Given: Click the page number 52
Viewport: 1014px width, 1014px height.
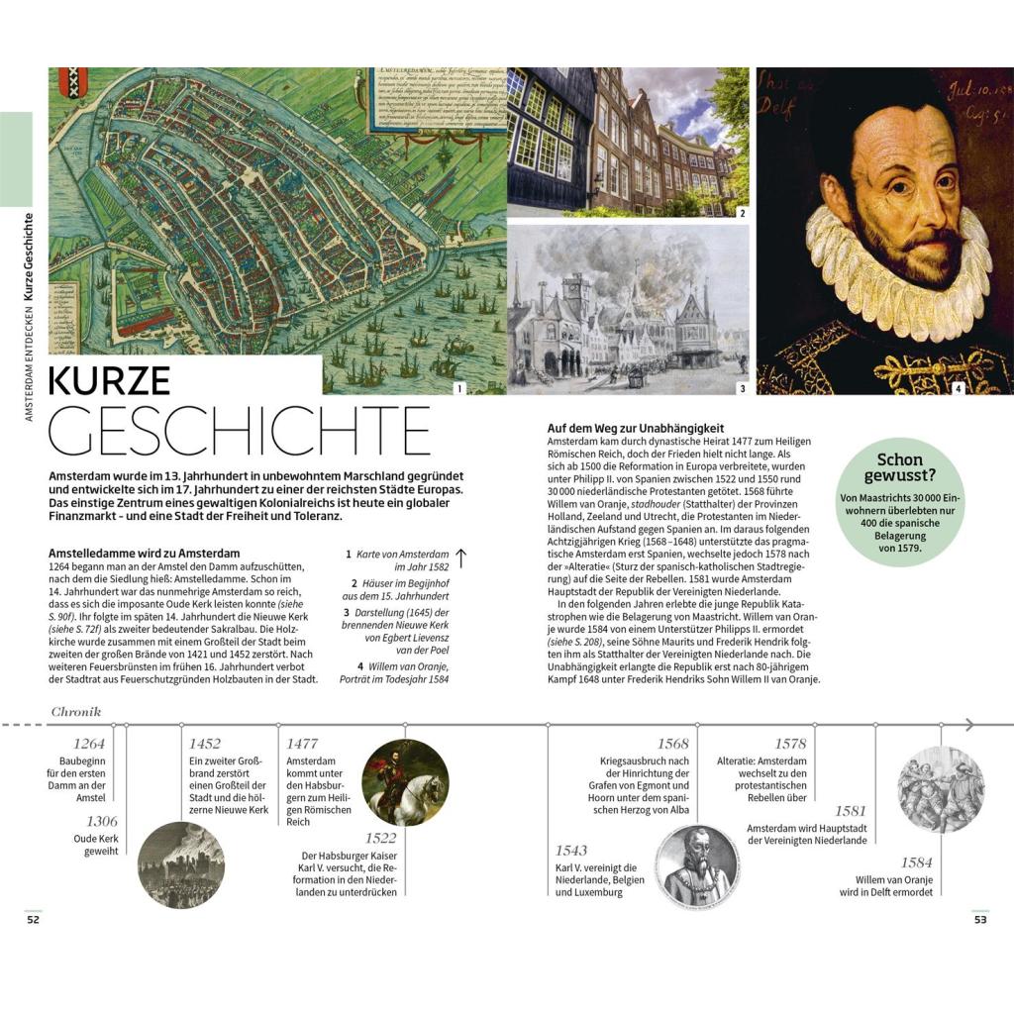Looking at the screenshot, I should click(x=33, y=920).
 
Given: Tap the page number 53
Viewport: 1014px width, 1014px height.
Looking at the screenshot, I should click(x=980, y=920).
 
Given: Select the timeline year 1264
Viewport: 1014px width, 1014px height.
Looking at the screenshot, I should click(x=90, y=743).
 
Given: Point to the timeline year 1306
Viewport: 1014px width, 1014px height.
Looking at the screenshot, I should click(x=101, y=821).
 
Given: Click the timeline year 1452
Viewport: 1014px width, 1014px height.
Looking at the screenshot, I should click(x=204, y=743).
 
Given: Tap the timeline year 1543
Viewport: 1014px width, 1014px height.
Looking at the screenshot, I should click(x=571, y=850).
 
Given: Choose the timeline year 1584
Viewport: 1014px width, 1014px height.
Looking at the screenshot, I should click(x=916, y=862).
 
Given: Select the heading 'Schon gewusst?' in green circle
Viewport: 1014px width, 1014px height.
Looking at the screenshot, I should click(x=899, y=468).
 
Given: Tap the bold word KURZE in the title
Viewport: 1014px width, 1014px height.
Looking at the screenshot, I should click(x=110, y=381).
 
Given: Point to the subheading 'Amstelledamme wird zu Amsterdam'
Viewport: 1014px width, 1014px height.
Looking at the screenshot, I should click(x=144, y=553).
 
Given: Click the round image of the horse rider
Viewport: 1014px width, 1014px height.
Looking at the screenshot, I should click(x=405, y=782).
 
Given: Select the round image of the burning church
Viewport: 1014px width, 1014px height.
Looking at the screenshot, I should click(x=180, y=865).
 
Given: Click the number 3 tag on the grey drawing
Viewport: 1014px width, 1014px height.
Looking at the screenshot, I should click(x=743, y=389).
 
